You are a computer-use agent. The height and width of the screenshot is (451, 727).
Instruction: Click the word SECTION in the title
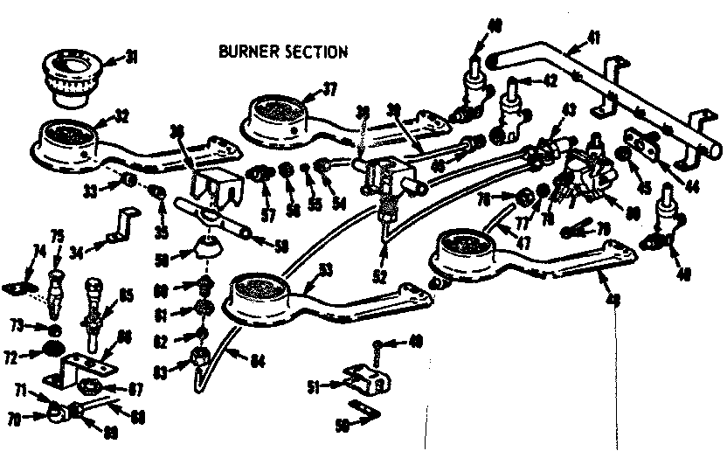coord(315,51)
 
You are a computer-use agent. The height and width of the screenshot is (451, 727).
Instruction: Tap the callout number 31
coord(131,58)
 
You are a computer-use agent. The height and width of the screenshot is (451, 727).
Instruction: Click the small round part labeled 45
coord(626,158)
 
